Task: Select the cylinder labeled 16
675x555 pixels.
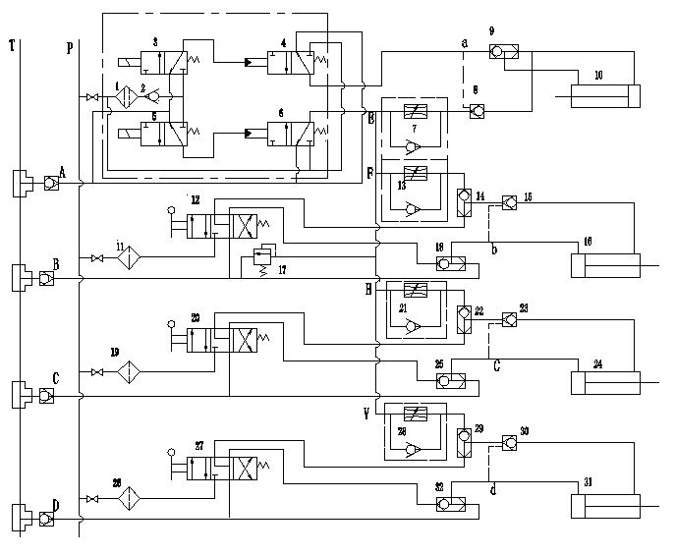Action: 604,266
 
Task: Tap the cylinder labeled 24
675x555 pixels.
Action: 604,382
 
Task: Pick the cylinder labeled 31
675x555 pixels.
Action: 604,505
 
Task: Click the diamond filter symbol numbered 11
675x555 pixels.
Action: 128,259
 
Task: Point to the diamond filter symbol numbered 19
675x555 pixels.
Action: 128,373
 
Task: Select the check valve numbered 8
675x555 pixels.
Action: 477,112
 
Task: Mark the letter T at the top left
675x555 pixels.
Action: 12,46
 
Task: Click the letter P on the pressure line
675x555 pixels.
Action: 69,47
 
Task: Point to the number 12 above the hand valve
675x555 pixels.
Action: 197,199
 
